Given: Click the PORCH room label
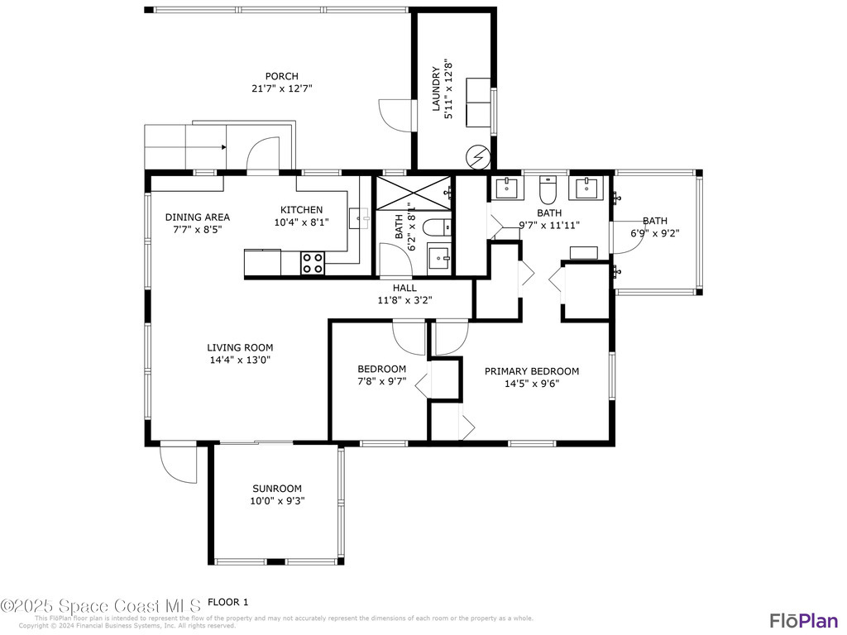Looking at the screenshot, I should tap(281, 76).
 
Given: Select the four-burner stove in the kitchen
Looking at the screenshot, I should tap(313, 263).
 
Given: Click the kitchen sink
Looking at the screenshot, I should tap(357, 218).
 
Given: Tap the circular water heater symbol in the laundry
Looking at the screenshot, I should tap(477, 155).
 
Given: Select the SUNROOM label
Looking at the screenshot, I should tap(277, 489).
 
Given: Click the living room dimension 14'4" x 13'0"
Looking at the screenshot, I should tap(240, 360).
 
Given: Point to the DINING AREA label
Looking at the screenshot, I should tap(197, 217).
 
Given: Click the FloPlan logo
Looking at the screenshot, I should tap(803, 620).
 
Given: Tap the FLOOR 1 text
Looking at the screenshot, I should tap(227, 602).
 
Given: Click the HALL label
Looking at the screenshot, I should tap(404, 288).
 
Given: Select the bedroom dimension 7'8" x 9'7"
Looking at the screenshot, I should tap(381, 381).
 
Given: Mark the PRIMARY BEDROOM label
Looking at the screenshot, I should tap(532, 371).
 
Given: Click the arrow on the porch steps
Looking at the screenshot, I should tap(223, 147).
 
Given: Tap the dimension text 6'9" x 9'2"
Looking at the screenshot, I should tap(655, 233).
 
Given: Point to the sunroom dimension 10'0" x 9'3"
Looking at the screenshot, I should tap(277, 500).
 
